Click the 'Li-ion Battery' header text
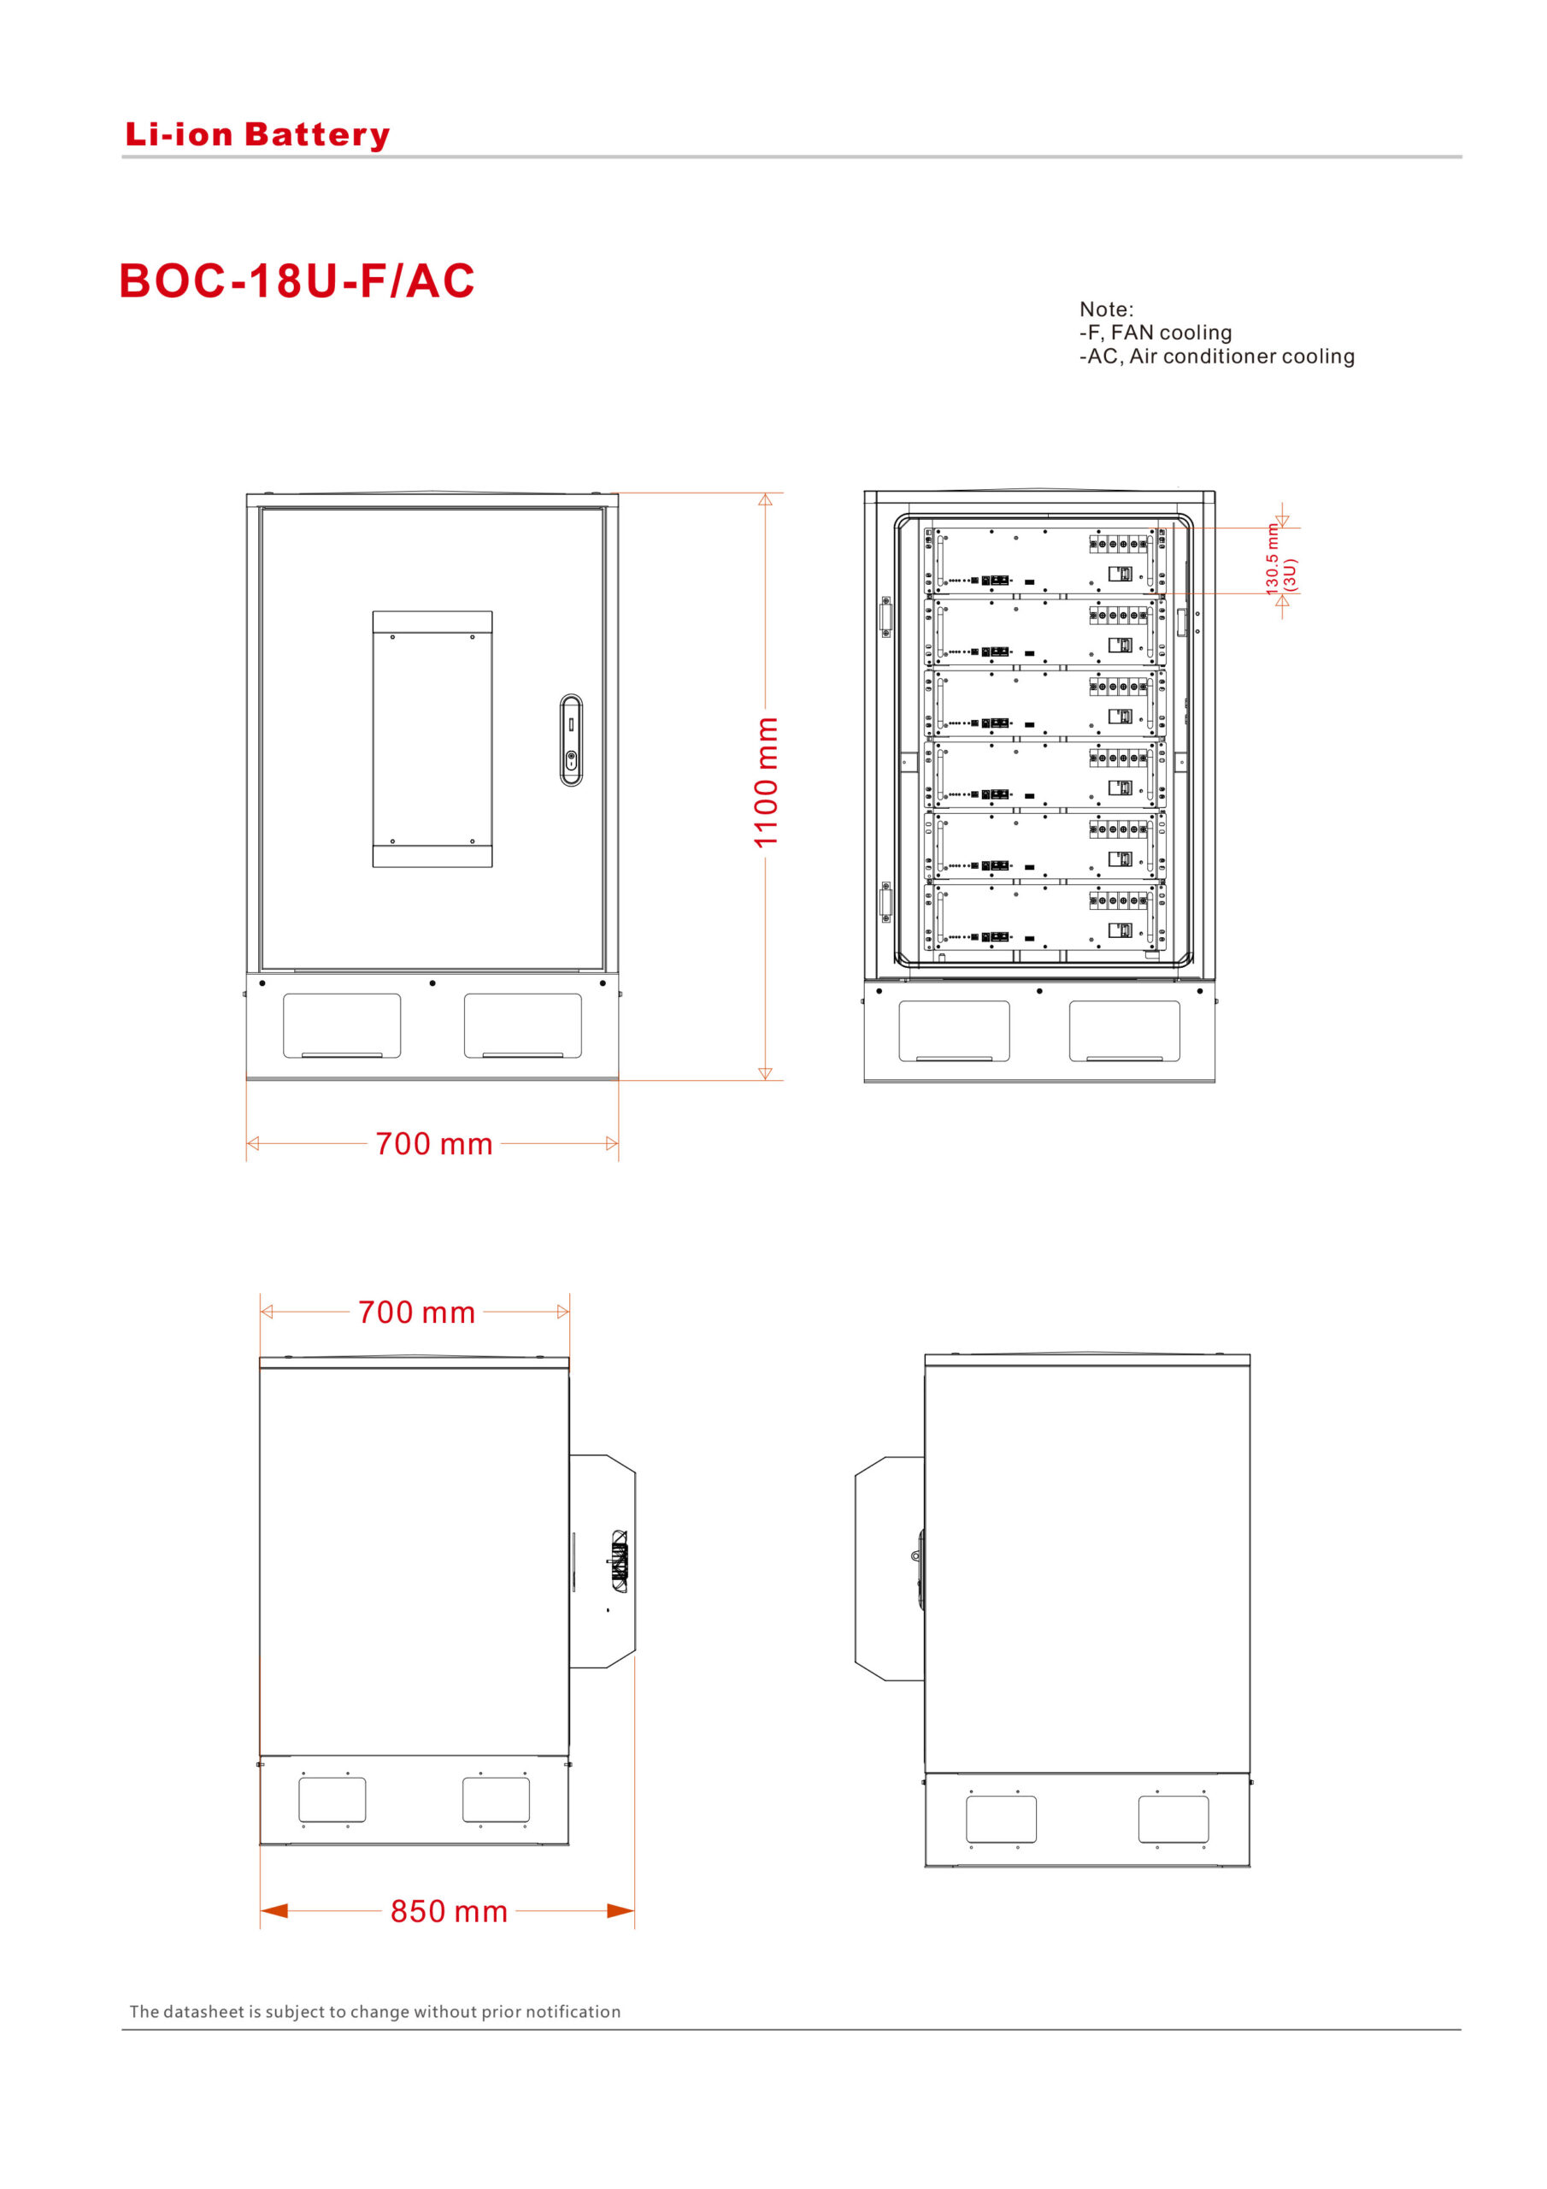(257, 134)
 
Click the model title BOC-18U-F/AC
(297, 280)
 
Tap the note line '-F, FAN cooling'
(1156, 333)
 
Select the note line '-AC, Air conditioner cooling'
(1216, 357)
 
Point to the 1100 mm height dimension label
(767, 782)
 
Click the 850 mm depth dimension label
(449, 1912)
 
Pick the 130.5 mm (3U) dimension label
(1281, 559)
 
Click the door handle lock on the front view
(571, 740)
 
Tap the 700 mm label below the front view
(433, 1144)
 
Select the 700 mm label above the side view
(416, 1313)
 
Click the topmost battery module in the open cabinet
(1044, 561)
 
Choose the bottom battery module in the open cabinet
(1044, 917)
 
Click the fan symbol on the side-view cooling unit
(619, 1561)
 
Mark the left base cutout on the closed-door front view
(342, 1026)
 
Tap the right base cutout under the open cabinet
(1125, 1030)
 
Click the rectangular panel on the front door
(432, 739)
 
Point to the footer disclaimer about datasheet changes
(374, 2012)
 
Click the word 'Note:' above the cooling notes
(1107, 309)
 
